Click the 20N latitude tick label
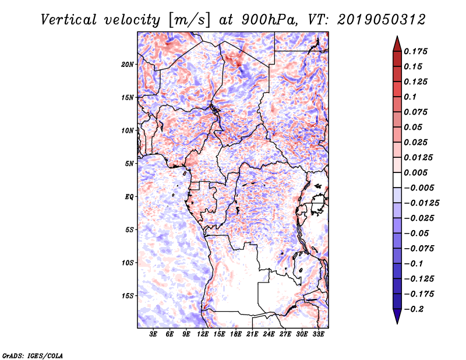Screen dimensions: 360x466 128,64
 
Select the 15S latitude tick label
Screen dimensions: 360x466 128,295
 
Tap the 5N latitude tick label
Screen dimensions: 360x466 129,163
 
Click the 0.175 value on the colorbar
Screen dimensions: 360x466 417,51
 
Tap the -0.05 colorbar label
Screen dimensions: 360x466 415,233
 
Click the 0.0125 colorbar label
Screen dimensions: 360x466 419,157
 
